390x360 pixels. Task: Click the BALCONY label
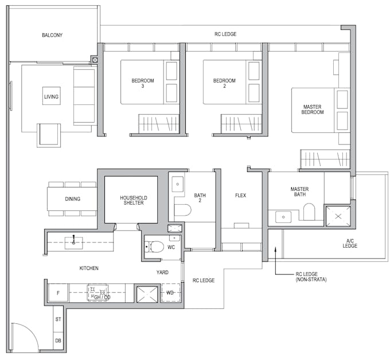pos(52,35)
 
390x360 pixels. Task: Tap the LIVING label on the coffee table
pos(51,97)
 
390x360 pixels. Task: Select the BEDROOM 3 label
pos(142,83)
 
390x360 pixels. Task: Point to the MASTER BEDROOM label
pos(313,109)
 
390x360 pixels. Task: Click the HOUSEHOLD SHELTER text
pos(134,200)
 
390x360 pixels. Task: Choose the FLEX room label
pos(240,195)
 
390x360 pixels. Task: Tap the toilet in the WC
pos(154,247)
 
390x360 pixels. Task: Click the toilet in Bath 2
pos(182,210)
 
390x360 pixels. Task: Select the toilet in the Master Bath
pos(309,212)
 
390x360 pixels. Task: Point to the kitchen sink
pos(73,243)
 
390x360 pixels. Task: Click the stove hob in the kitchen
pos(97,292)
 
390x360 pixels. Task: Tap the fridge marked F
pos(58,293)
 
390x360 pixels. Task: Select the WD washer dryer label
pos(170,293)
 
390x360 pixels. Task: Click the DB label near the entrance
pos(58,341)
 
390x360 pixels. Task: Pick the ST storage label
pos(58,319)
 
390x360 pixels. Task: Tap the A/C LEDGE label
pos(350,243)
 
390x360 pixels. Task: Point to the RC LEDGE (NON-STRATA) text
pos(311,277)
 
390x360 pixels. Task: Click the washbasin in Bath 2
pos(178,184)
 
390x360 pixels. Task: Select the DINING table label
pos(73,199)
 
